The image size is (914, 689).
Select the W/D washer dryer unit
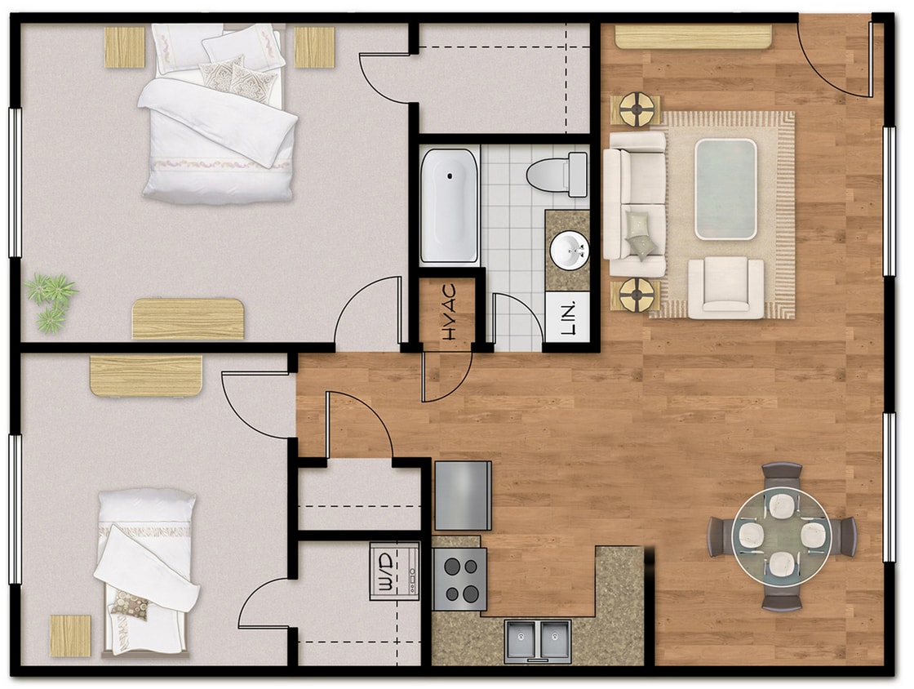pyautogui.click(x=394, y=571)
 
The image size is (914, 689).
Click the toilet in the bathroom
pyautogui.click(x=557, y=175)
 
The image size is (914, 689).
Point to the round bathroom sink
pyautogui.click(x=568, y=251)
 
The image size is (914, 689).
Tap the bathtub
pyautogui.click(x=449, y=206)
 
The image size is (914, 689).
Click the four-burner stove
pyautogui.click(x=459, y=579)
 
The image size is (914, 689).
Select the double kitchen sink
pyautogui.click(x=537, y=640)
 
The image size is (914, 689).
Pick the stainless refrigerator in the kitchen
pyautogui.click(x=463, y=496)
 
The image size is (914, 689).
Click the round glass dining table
pyautogui.click(x=781, y=536)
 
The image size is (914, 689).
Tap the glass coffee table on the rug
pyautogui.click(x=725, y=189)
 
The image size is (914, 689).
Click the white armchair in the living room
pyautogui.click(x=725, y=287)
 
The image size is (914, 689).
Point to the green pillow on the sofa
pyautogui.click(x=641, y=234)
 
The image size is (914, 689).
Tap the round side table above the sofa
pyautogui.click(x=637, y=109)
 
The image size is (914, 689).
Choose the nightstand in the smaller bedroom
pyautogui.click(x=70, y=635)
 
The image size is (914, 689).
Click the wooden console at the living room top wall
pyautogui.click(x=693, y=37)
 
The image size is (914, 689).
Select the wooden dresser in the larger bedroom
pyautogui.click(x=188, y=318)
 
